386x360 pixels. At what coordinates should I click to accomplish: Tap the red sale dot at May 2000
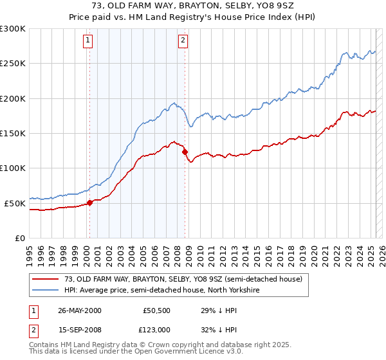(90, 203)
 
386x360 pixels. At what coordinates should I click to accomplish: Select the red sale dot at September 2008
(185, 152)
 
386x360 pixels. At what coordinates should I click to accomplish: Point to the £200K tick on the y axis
(13, 98)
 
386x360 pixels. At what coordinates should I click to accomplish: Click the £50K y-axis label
(15, 203)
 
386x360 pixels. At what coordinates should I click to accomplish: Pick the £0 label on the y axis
(21, 238)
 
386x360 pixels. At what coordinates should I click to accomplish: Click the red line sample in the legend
(45, 279)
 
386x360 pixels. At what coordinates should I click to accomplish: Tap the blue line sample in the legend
(45, 290)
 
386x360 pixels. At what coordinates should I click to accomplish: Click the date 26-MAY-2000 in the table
(79, 310)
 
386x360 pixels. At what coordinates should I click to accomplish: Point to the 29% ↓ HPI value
(210, 310)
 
